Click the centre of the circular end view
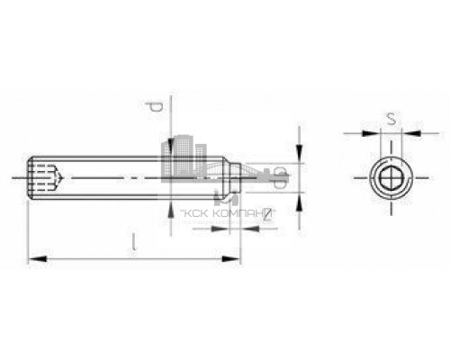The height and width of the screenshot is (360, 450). [x=389, y=178]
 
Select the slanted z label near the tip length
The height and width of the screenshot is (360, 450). [x=242, y=215]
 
